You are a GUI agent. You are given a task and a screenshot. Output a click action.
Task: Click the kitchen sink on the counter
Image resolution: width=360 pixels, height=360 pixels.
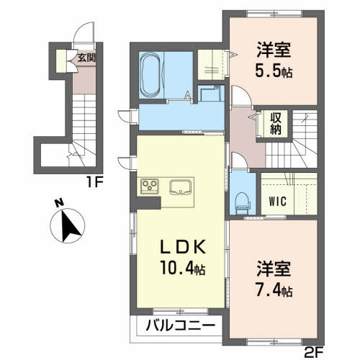[x=180, y=187]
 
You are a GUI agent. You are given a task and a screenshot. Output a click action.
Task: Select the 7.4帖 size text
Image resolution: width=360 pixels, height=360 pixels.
[x=274, y=292]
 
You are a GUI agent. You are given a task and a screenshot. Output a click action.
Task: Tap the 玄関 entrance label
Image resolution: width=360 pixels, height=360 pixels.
[x=86, y=59]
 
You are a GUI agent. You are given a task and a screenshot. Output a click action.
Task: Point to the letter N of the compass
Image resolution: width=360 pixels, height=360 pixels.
[x=57, y=204]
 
